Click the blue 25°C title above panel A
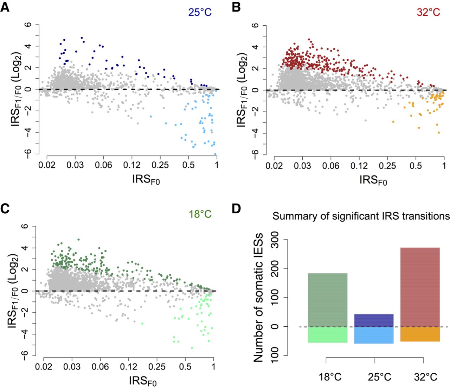coord(200,13)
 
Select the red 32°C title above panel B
coord(428,13)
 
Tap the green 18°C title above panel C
coord(200,214)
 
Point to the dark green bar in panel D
coord(328,300)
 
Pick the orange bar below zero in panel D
coord(420,334)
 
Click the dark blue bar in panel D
coord(373,320)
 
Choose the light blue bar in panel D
coord(373,335)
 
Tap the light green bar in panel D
coord(328,335)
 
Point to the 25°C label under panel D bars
coord(379,377)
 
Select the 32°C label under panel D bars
coord(425,377)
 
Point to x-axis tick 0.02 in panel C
coord(44,367)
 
